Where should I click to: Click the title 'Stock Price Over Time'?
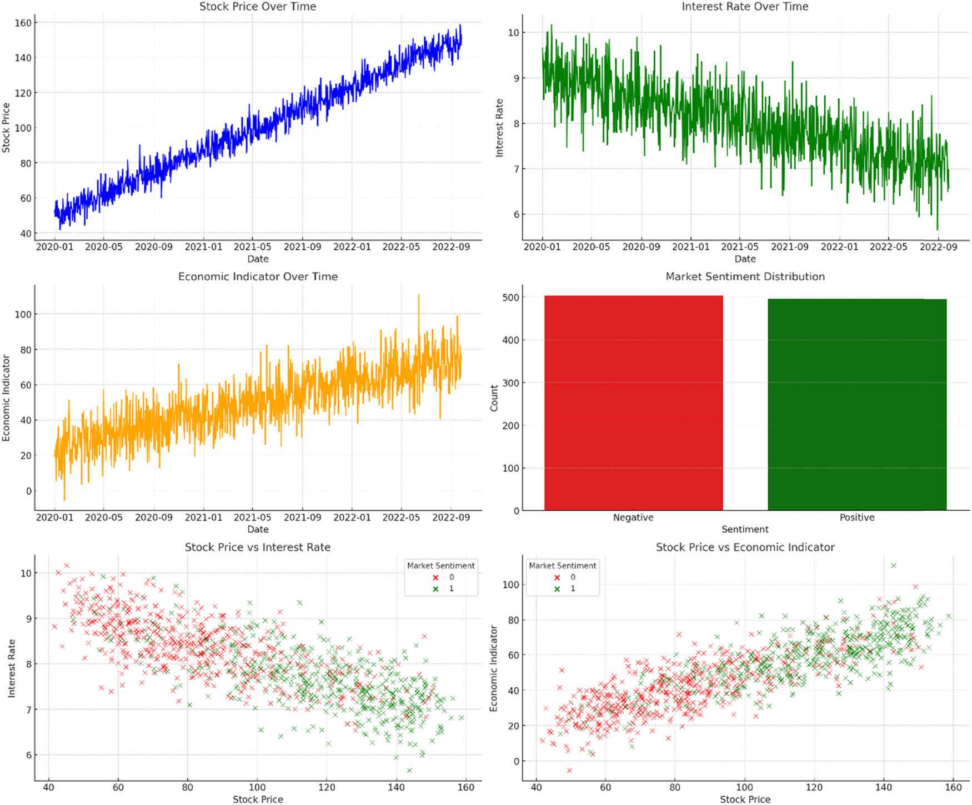point(258,7)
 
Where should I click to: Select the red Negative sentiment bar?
point(633,403)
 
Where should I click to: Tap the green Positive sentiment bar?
point(857,405)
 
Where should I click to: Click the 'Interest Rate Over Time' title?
point(745,7)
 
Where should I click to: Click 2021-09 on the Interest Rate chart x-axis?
point(789,246)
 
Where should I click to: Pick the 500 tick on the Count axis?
point(512,297)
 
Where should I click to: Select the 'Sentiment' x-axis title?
point(745,529)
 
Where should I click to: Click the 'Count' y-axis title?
point(494,398)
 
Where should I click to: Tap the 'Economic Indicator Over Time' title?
point(258,276)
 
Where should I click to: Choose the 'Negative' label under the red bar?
point(633,517)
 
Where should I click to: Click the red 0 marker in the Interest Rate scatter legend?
point(435,577)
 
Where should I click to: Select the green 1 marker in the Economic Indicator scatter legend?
point(557,589)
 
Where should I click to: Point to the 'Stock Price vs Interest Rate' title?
point(258,547)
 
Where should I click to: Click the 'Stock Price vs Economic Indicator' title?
point(745,547)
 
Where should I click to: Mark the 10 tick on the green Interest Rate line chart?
point(513,33)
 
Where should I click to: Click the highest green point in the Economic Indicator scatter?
point(894,566)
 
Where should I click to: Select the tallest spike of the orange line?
point(418,295)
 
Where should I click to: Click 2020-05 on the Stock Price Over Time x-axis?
point(103,246)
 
